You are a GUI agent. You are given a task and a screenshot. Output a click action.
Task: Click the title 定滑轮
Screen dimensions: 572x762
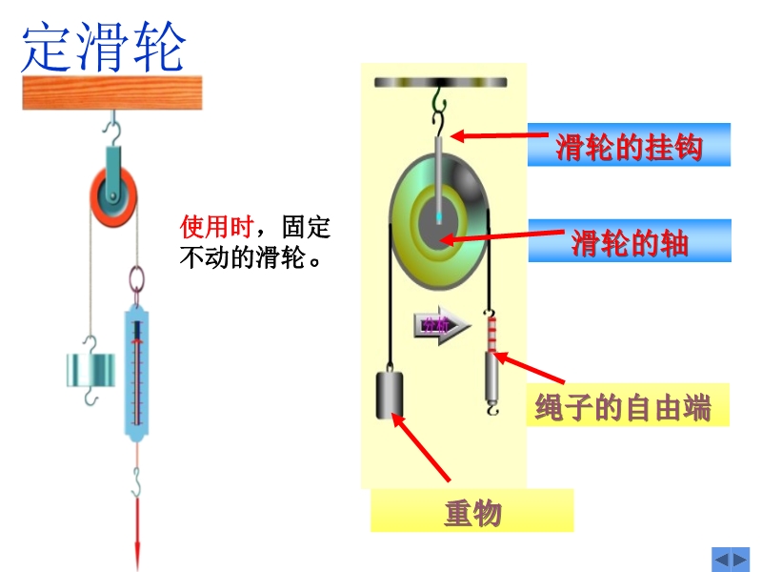pyautogui.click(x=103, y=48)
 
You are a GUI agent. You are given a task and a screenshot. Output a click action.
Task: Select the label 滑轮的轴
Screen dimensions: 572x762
pyautogui.click(x=629, y=242)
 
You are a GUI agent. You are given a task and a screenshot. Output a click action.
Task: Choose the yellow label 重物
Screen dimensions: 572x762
pyautogui.click(x=472, y=513)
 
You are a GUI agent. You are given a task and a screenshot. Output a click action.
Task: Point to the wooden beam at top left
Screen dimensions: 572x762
pyautogui.click(x=113, y=92)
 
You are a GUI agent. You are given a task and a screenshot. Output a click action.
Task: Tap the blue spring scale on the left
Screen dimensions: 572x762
pyautogui.click(x=138, y=372)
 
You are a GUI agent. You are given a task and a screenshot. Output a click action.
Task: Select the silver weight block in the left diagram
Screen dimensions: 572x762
pyautogui.click(x=90, y=370)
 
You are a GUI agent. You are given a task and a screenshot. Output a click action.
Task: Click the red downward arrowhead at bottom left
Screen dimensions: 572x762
pyautogui.click(x=138, y=553)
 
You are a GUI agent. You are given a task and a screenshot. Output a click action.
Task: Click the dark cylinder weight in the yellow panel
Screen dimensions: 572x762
pyautogui.click(x=390, y=393)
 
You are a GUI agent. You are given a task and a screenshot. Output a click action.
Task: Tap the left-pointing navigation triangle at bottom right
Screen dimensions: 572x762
pyautogui.click(x=721, y=559)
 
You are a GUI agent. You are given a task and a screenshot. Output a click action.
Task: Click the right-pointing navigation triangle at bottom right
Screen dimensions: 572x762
pyautogui.click(x=740, y=559)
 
